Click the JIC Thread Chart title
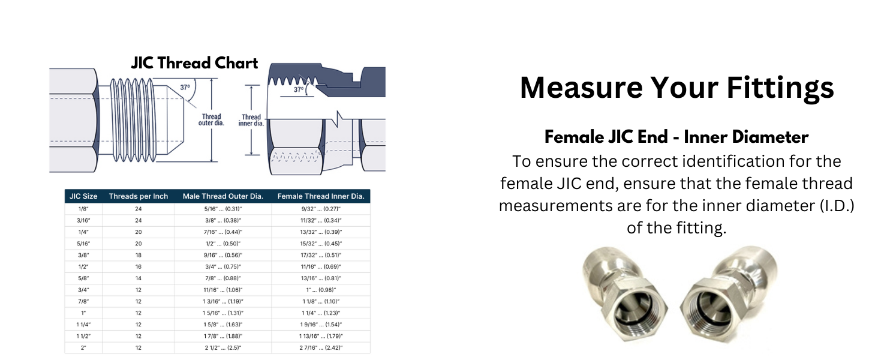click(194, 63)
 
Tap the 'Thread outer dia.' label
click(211, 119)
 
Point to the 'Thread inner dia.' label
click(251, 120)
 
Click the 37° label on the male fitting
click(185, 87)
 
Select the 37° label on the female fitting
click(299, 89)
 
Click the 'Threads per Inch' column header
click(139, 196)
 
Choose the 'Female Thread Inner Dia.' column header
click(321, 196)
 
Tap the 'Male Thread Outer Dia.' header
click(223, 196)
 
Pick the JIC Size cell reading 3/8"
click(83, 255)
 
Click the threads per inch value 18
click(139, 255)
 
